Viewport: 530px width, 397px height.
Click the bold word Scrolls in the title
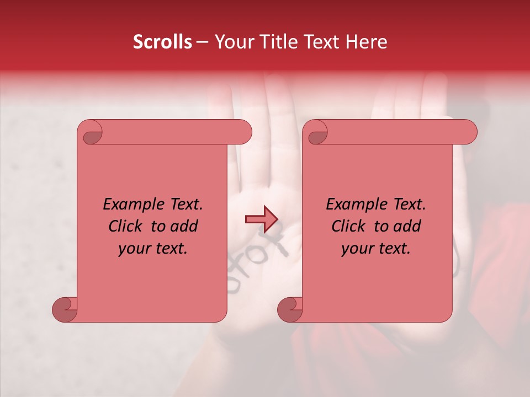(x=163, y=42)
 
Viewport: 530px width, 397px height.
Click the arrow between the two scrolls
(x=261, y=219)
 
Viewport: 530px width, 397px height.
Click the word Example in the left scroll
(x=130, y=205)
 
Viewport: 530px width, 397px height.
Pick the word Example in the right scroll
(x=353, y=205)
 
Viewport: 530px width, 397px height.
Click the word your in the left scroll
(x=134, y=249)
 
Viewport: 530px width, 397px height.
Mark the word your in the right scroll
(x=357, y=249)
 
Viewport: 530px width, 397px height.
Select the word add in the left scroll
(x=184, y=227)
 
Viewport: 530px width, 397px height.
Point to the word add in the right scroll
(x=407, y=227)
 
